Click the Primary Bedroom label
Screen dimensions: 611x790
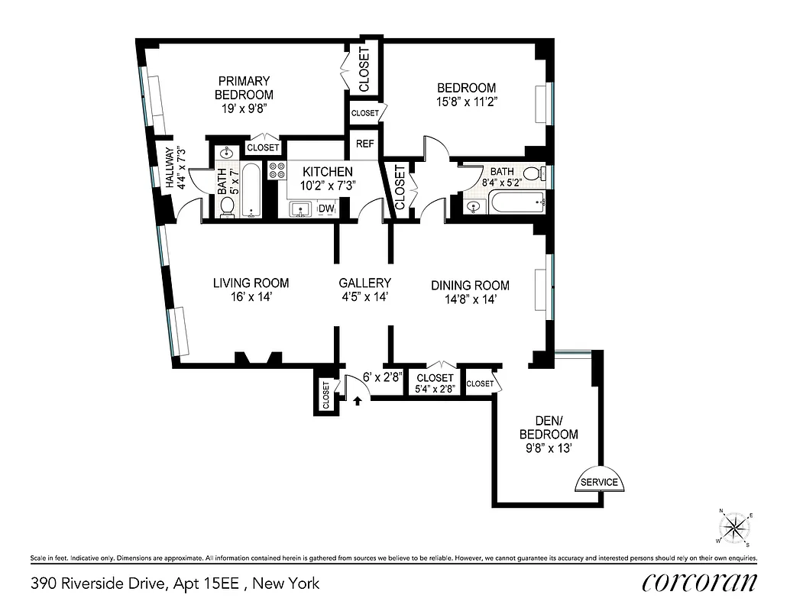tap(244, 87)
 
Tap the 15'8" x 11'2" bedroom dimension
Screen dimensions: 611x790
tap(466, 101)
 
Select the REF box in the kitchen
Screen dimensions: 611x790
tap(364, 144)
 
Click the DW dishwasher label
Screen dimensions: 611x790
tap(325, 209)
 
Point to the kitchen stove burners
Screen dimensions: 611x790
tap(277, 170)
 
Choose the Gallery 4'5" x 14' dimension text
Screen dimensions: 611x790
tap(364, 298)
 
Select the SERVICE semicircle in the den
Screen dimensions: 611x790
tap(600, 480)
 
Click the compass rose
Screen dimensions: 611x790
tap(735, 526)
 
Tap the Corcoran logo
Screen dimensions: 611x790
tap(700, 583)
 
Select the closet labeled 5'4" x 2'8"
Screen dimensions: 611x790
tap(435, 383)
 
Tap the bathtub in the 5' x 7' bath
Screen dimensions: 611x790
tap(251, 190)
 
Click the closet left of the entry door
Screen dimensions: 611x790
tap(325, 395)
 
